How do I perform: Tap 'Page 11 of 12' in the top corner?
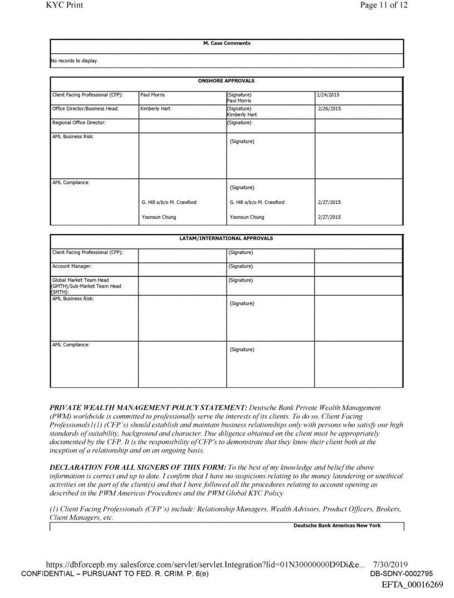point(384,7)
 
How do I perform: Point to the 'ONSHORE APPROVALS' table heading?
point(226,81)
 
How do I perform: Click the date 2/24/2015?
point(329,95)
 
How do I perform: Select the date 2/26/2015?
point(330,109)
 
